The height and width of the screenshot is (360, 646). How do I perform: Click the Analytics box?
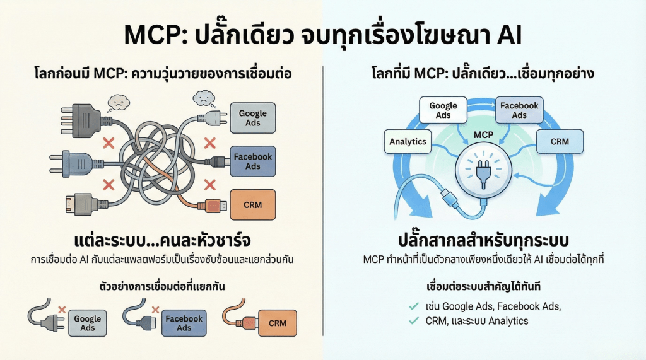click(408, 141)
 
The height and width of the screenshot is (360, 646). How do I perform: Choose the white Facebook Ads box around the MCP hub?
click(519, 110)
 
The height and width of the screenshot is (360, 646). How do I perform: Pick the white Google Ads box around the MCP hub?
click(443, 110)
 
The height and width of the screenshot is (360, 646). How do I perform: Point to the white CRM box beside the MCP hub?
click(560, 141)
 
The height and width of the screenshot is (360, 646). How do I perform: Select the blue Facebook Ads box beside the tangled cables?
click(252, 161)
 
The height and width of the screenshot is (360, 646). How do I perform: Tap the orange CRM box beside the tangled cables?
click(252, 204)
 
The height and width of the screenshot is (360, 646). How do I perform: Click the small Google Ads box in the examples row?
click(88, 323)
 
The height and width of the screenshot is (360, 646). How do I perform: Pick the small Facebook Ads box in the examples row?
click(184, 323)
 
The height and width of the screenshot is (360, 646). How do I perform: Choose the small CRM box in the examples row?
click(277, 323)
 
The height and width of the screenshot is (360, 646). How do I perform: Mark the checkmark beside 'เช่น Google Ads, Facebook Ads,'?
click(414, 306)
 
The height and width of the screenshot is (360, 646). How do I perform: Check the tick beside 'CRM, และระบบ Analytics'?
click(414, 321)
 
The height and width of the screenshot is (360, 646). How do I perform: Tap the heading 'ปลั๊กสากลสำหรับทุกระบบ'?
click(484, 241)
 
